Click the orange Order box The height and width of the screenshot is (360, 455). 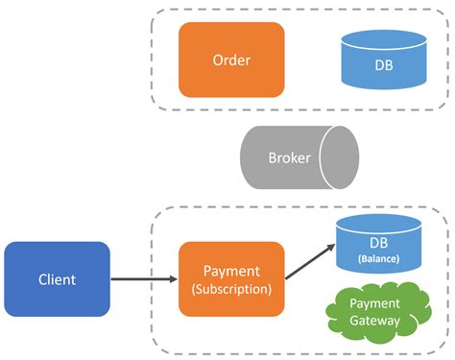coord(231,60)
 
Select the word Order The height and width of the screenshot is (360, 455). coord(231,60)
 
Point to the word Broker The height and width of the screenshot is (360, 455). coord(289,157)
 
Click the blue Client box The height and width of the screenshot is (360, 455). coord(57,279)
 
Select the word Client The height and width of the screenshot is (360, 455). coord(57,279)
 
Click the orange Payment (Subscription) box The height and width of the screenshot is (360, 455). coord(231,279)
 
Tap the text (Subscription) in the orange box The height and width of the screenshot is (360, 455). coord(231,289)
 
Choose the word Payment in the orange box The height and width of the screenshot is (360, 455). coord(231,272)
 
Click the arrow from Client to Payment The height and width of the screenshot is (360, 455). coord(144,279)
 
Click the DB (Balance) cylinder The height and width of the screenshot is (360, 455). coord(380,248)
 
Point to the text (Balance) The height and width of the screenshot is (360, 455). coord(380,259)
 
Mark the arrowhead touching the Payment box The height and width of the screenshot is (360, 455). coord(173,279)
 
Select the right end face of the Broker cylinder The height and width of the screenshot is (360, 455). coord(344,157)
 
